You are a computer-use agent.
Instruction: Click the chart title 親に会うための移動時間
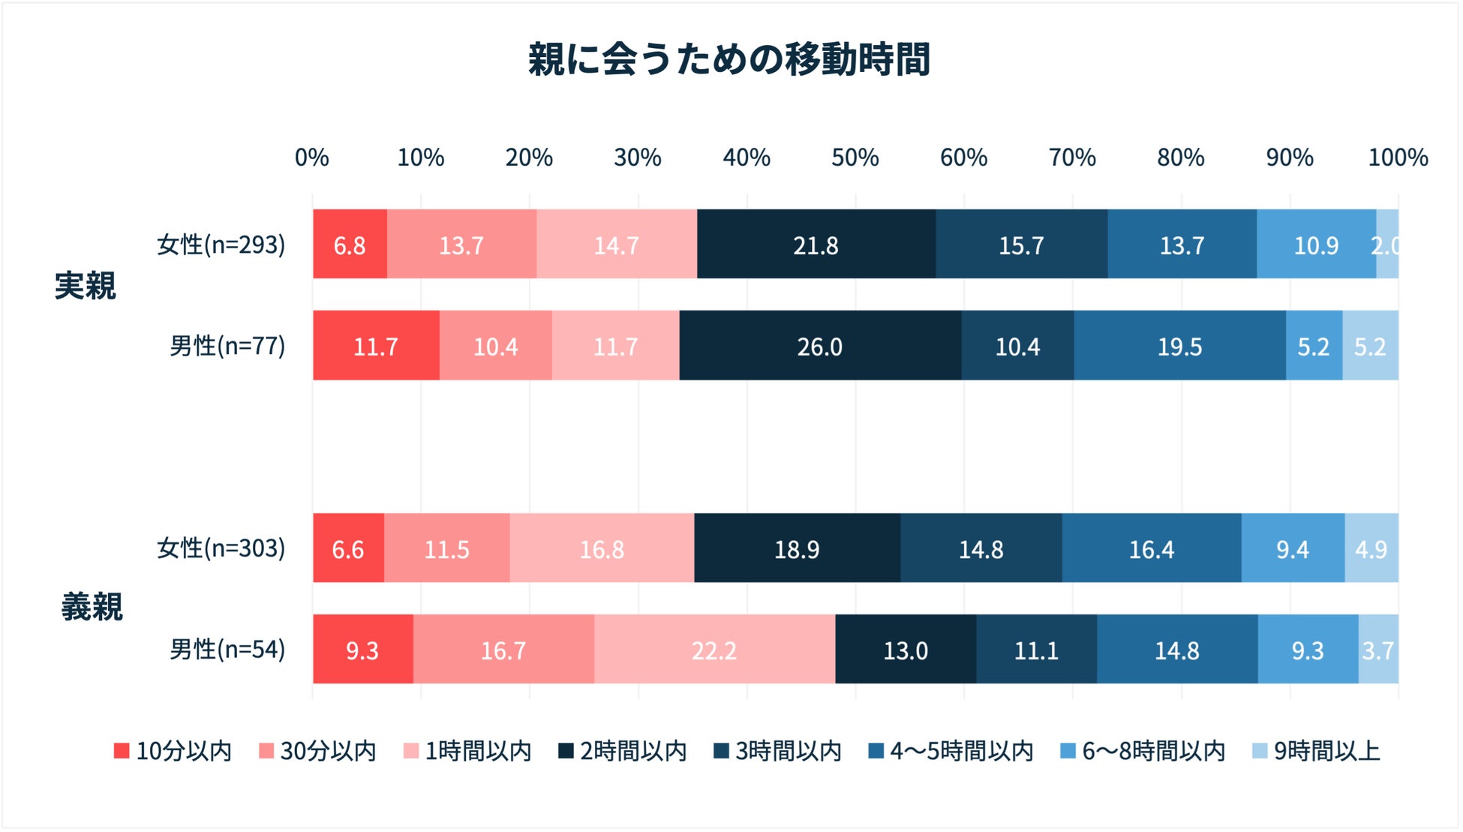click(728, 60)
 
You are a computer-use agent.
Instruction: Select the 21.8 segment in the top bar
click(816, 245)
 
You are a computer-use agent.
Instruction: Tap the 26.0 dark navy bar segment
click(819, 347)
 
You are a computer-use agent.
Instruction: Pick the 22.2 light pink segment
click(713, 650)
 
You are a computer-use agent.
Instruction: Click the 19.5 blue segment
click(1179, 347)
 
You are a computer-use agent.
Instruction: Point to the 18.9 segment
click(797, 549)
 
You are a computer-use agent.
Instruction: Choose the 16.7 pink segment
click(503, 650)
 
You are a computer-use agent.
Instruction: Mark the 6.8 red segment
click(350, 245)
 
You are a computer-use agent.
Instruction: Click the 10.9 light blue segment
click(1316, 245)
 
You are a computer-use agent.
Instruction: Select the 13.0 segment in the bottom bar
click(905, 650)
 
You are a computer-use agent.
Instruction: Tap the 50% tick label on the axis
click(855, 158)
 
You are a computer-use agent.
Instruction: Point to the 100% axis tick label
click(1397, 158)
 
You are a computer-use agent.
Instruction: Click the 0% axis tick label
click(311, 158)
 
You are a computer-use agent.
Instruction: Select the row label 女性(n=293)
click(221, 245)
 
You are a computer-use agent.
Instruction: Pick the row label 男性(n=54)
click(227, 649)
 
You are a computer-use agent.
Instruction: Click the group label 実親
click(86, 286)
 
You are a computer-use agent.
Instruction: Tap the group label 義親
click(92, 606)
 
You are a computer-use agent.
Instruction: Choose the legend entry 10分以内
click(173, 751)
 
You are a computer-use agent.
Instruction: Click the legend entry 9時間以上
click(1317, 751)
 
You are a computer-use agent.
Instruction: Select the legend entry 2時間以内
click(623, 751)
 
